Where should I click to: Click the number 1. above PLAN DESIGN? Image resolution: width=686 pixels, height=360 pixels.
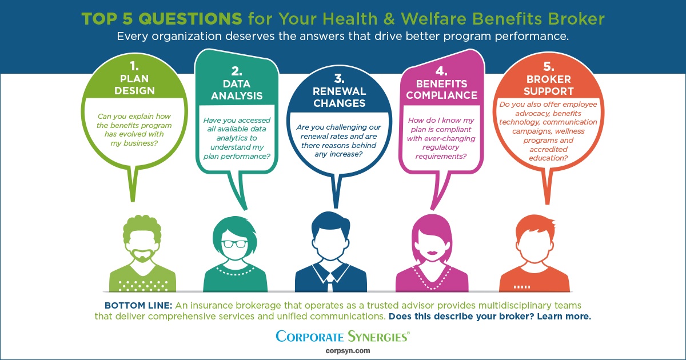pyautogui.click(x=134, y=66)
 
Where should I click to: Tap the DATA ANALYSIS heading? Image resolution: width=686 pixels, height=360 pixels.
pyautogui.click(x=237, y=90)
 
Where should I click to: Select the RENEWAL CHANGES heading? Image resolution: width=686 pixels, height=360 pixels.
pyautogui.click(x=340, y=97)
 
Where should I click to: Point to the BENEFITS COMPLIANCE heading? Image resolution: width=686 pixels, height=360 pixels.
pyautogui.click(x=441, y=89)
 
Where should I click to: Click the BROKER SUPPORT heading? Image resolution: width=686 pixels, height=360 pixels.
pyautogui.click(x=548, y=85)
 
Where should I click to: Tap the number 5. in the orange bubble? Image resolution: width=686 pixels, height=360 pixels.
pyautogui.click(x=549, y=66)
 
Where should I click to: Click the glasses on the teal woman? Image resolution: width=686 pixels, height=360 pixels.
pyautogui.click(x=234, y=244)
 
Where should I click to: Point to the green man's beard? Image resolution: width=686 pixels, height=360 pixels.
pyautogui.click(x=142, y=255)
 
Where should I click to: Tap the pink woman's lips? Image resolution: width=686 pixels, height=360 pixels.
pyautogui.click(x=432, y=253)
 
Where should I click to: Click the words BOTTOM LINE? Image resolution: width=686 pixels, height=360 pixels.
pyautogui.click(x=138, y=306)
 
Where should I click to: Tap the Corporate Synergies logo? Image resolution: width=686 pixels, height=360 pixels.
pyautogui.click(x=342, y=337)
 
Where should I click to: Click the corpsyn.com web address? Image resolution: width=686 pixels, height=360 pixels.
pyautogui.click(x=348, y=351)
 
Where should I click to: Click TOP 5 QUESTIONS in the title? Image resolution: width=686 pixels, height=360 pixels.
pyautogui.click(x=162, y=19)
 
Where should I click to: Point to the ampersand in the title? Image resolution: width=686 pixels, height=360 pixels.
pyautogui.click(x=389, y=19)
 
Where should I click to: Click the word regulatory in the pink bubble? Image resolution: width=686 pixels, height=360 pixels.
pyautogui.click(x=441, y=147)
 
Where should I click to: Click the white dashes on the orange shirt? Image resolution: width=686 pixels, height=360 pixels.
pyautogui.click(x=522, y=287)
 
